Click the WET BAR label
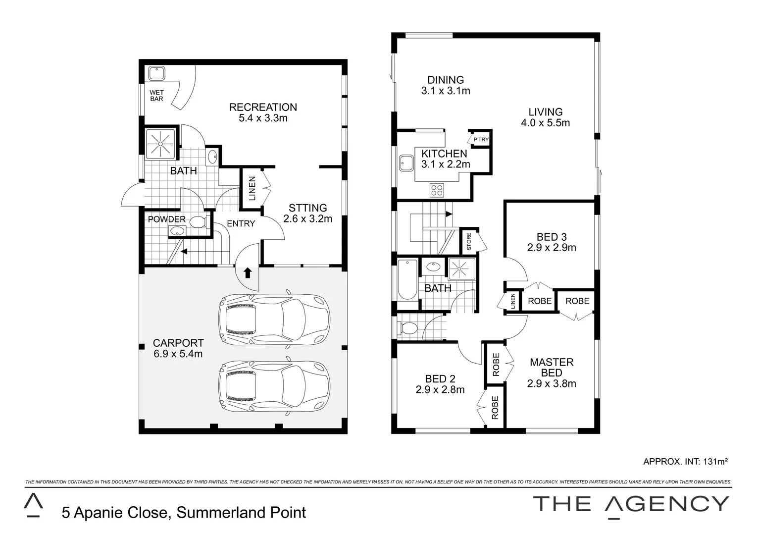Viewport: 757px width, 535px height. click(156, 96)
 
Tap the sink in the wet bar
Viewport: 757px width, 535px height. click(157, 74)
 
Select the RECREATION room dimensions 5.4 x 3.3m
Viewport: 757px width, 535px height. click(263, 118)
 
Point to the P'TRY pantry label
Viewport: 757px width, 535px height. click(481, 140)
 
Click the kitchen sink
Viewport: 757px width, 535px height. click(407, 162)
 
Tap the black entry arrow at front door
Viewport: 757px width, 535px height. click(247, 272)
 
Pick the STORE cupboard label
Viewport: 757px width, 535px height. click(469, 241)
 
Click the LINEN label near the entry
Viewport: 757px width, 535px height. click(252, 188)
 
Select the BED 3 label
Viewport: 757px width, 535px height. click(551, 237)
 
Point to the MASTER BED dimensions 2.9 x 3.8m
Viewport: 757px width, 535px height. click(552, 383)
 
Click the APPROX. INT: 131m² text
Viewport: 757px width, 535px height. click(685, 462)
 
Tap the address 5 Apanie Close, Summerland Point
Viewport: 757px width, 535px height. click(184, 512)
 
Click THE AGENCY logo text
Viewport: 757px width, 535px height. click(631, 503)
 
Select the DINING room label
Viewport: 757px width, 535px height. click(446, 80)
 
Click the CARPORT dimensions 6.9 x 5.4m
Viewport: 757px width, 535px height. click(178, 354)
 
